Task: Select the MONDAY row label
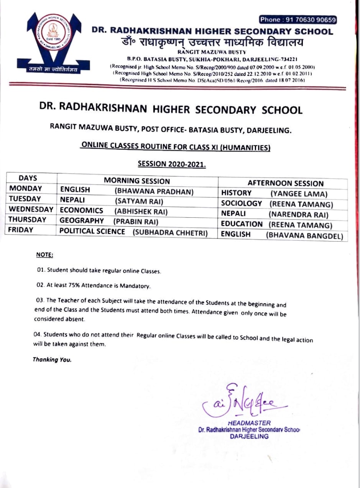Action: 25,189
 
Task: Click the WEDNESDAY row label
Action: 31,210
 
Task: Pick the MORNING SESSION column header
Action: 137,181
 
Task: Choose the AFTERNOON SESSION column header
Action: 285,183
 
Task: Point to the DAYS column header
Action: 28,178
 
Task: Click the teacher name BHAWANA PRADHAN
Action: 154,191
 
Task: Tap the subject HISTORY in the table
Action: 236,193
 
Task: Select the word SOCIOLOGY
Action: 242,204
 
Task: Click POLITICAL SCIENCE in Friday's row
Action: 92,232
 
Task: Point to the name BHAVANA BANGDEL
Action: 304,236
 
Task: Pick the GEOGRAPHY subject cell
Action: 82,221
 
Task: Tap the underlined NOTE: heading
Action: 44,255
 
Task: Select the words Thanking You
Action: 52,360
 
